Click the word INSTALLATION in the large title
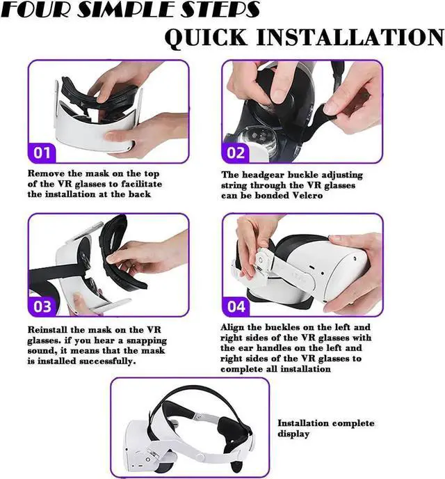click(355, 36)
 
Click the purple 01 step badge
click(42, 152)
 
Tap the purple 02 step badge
click(236, 152)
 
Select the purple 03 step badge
click(42, 306)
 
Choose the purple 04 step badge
click(236, 306)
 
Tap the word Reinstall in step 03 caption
click(51, 329)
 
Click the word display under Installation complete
click(293, 434)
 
